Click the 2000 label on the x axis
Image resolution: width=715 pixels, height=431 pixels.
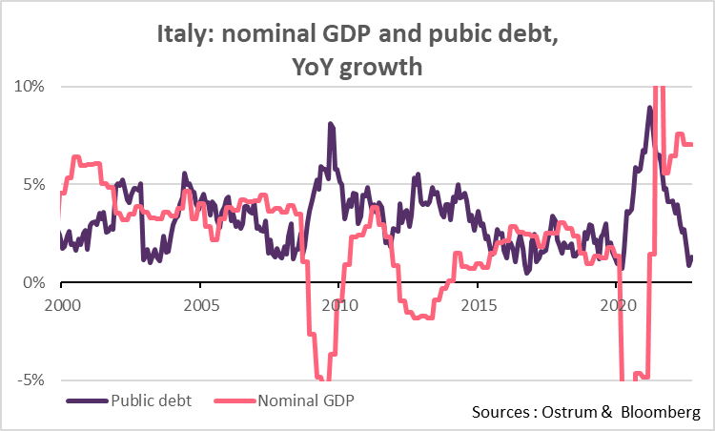point(61,306)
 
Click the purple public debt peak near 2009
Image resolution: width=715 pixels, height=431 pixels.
point(330,124)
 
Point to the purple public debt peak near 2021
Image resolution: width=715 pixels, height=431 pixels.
point(649,108)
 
